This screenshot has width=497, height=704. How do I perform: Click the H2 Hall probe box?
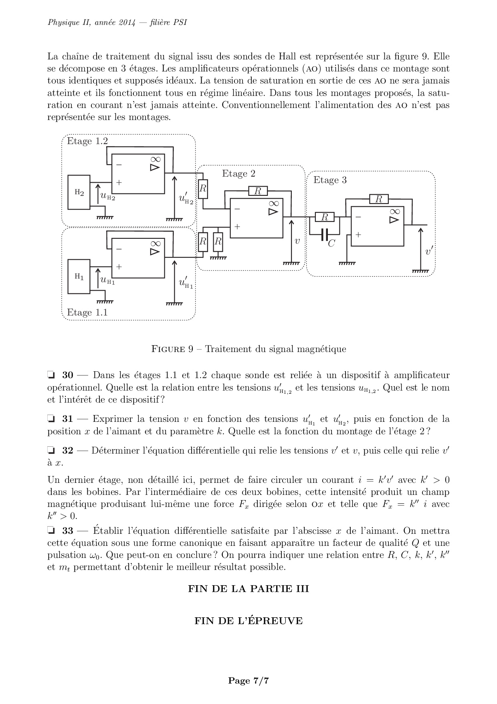pos(79,192)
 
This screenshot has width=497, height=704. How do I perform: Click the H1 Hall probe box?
pos(79,277)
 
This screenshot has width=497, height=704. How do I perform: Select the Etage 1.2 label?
pos(87,141)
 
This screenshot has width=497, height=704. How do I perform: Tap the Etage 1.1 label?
pos(87,312)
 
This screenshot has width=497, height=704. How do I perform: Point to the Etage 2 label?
pos(238,173)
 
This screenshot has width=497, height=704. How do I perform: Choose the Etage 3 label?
pos(330,180)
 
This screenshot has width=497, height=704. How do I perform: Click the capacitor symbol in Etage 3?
pos(325,234)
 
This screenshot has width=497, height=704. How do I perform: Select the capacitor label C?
pos(331,243)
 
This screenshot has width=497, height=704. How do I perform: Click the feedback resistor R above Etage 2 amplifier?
pos(258,191)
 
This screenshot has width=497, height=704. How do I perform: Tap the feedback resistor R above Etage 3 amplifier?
pos(378,199)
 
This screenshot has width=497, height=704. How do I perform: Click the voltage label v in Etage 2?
pos(297,241)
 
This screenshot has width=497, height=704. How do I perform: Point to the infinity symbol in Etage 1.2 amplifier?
pos(156,159)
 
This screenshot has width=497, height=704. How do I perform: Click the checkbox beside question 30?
pos(51,376)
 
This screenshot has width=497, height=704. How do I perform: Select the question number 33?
pos(68,531)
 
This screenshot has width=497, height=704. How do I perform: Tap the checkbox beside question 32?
pos(51,451)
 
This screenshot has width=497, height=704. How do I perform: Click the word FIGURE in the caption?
pos(168,349)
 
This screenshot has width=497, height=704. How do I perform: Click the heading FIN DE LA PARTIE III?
pos(248,589)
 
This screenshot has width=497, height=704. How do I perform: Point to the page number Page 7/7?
pos(248,680)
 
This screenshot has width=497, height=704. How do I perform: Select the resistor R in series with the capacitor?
pos(325,218)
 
